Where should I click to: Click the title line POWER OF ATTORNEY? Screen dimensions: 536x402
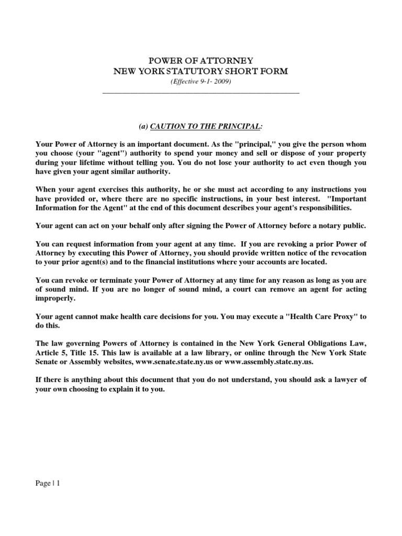click(201, 61)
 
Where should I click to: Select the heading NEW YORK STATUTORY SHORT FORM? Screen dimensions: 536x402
click(201, 71)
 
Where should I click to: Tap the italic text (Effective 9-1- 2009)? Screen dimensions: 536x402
click(201, 82)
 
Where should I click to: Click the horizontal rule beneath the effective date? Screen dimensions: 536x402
click(201, 93)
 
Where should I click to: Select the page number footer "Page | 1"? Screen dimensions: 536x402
click(48, 484)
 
